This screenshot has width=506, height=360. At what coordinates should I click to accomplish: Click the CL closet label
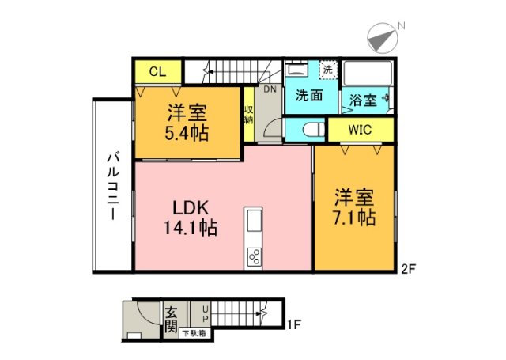coord(157,72)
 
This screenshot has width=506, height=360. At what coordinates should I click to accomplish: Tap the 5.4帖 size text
coord(187,133)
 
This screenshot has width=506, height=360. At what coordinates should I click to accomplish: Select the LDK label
coord(190,207)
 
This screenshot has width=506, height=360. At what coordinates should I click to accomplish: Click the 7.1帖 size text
coord(353,216)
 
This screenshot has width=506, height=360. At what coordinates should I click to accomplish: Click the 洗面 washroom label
coord(308,97)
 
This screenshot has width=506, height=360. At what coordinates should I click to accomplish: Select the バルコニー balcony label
coord(112,187)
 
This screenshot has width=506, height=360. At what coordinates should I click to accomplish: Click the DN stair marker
coord(270,89)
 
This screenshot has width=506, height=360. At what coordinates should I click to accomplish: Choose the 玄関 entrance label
coord(171,316)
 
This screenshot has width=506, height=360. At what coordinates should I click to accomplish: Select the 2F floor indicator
coord(408,269)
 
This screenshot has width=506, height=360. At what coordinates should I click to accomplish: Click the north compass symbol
coord(382,36)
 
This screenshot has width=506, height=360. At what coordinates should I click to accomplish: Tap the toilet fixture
coord(310,129)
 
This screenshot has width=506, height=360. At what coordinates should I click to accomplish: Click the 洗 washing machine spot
coord(327,69)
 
